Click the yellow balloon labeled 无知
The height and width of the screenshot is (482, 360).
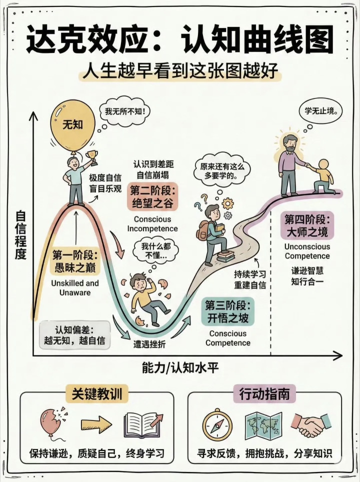click(72, 125)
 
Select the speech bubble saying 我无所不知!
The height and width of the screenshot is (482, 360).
click(124, 112)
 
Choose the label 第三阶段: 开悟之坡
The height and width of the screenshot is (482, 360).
click(228, 311)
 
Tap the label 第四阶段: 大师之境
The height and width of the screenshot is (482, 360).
click(307, 225)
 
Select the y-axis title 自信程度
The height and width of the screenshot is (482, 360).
click(20, 235)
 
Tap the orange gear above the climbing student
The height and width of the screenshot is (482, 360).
click(228, 203)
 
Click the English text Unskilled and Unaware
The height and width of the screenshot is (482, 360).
click(75, 287)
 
